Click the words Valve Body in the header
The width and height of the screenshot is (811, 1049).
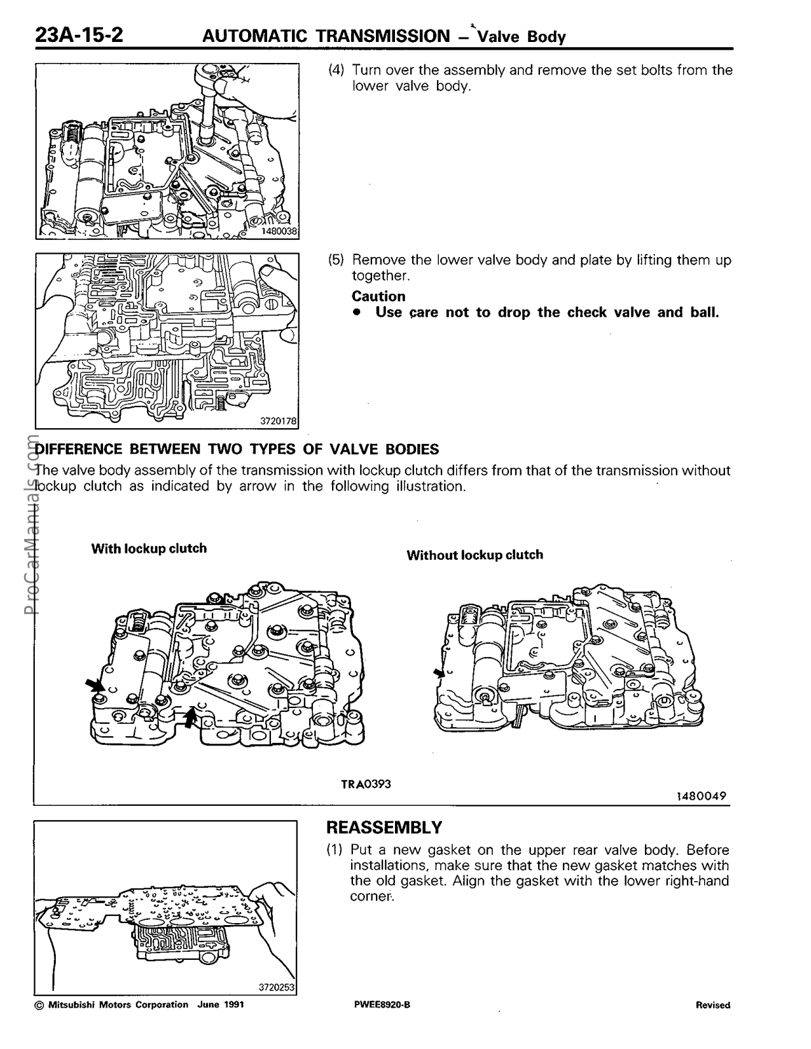coord(522,37)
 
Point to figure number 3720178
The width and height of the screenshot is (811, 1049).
coord(279,421)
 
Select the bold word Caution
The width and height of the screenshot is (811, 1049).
coord(379,296)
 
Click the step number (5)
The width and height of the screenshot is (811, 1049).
coord(336,260)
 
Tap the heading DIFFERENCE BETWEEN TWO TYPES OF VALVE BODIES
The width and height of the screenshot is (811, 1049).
coord(236,449)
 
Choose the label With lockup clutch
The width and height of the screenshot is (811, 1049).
coord(149,548)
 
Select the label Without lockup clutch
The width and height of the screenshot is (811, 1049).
coord(474,555)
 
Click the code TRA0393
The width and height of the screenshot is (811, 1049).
coord(365,783)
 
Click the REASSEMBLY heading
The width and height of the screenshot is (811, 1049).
coord(385,827)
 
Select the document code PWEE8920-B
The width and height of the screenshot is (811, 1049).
coord(381,1005)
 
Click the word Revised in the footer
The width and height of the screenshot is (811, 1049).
coord(713,1005)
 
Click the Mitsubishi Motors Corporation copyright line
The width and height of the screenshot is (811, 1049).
coord(140,1005)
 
